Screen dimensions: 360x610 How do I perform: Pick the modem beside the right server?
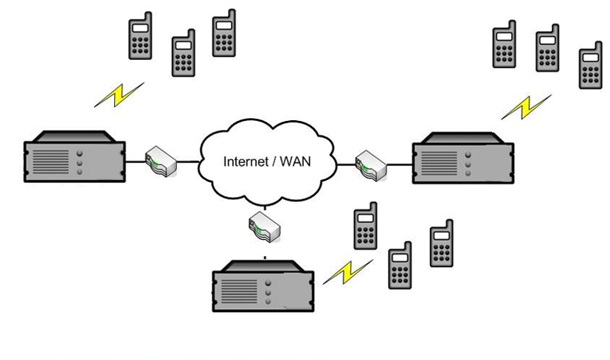click(371, 165)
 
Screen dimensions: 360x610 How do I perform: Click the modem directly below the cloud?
click(265, 226)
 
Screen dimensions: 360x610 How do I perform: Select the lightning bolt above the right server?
click(526, 107)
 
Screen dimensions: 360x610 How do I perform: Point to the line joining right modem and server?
click(398, 165)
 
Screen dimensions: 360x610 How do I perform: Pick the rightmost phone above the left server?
click(224, 34)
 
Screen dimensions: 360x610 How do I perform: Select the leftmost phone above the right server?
click(505, 46)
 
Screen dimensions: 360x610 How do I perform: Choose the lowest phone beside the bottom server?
click(400, 264)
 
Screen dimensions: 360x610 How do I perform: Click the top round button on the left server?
click(80, 153)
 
